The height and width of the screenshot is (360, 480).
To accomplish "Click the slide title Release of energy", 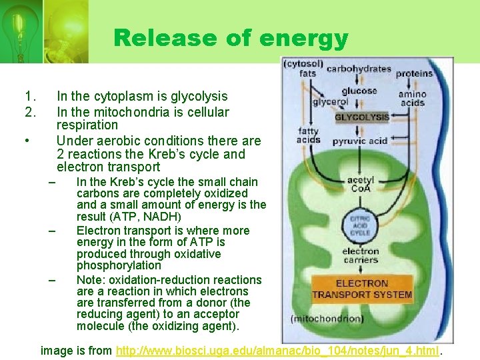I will click(x=231, y=38).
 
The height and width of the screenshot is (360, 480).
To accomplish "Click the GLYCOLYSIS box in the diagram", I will click(x=362, y=117).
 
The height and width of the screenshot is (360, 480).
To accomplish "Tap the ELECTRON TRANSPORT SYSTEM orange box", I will click(x=362, y=289).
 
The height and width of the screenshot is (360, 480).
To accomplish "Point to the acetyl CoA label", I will click(x=360, y=184).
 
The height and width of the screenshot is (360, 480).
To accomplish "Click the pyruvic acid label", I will click(x=359, y=141).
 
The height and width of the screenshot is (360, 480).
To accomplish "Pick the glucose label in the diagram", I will click(x=359, y=91).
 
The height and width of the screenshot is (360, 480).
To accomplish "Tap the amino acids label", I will click(x=413, y=98).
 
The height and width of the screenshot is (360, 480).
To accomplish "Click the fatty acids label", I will click(x=308, y=136).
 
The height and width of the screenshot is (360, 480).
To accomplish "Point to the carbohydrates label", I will click(x=359, y=68).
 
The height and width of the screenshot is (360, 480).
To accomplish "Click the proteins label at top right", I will click(x=414, y=73).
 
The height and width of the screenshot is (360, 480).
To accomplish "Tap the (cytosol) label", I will click(x=303, y=64).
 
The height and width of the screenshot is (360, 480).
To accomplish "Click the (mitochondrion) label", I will click(x=327, y=319).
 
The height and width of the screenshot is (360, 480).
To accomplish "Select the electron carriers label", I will click(x=361, y=255).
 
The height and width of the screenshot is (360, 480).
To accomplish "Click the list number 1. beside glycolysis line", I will click(x=29, y=97).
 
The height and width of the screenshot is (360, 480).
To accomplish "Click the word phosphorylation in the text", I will click(x=119, y=265).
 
